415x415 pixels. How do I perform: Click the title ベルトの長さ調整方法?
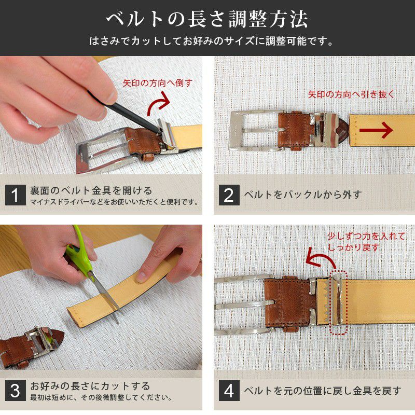coord(208,19)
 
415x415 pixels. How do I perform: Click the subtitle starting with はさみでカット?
coord(208,40)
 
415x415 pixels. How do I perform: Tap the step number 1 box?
coord(15,195)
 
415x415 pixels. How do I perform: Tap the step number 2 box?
coord(229,195)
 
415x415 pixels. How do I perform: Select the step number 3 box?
coord(15,391)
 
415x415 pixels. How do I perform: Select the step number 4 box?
coord(229,391)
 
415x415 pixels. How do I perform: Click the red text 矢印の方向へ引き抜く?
coord(351,94)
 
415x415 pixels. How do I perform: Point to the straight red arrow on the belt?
coord(379,131)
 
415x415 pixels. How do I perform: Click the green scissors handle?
coord(79,251)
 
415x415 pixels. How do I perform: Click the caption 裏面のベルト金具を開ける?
coord(91,190)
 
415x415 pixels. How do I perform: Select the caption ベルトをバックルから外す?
coord(302,195)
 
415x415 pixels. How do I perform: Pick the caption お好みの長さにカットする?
coord(90,386)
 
